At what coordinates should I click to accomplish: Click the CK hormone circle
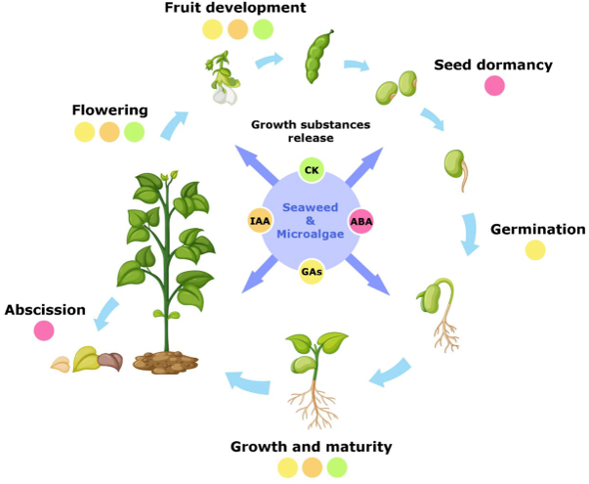coord(313,171)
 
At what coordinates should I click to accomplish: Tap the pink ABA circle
coord(361,221)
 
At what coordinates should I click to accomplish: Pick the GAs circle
coord(313,271)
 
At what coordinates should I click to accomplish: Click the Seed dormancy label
coord(493,66)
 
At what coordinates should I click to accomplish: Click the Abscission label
coord(45,310)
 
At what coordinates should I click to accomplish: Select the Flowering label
coord(109,110)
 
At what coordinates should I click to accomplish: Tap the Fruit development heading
coord(235,9)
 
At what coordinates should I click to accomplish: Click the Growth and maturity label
coord(311,447)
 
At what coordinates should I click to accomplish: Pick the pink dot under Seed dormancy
coord(495,86)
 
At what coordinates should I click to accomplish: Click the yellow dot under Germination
coord(535,250)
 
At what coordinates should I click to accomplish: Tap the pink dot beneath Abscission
coord(44,330)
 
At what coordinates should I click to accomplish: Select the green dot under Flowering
coord(135,131)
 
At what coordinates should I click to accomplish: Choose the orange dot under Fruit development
coord(238,29)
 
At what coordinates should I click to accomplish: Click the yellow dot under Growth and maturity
coord(287,467)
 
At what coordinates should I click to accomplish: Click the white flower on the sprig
coord(227,94)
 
